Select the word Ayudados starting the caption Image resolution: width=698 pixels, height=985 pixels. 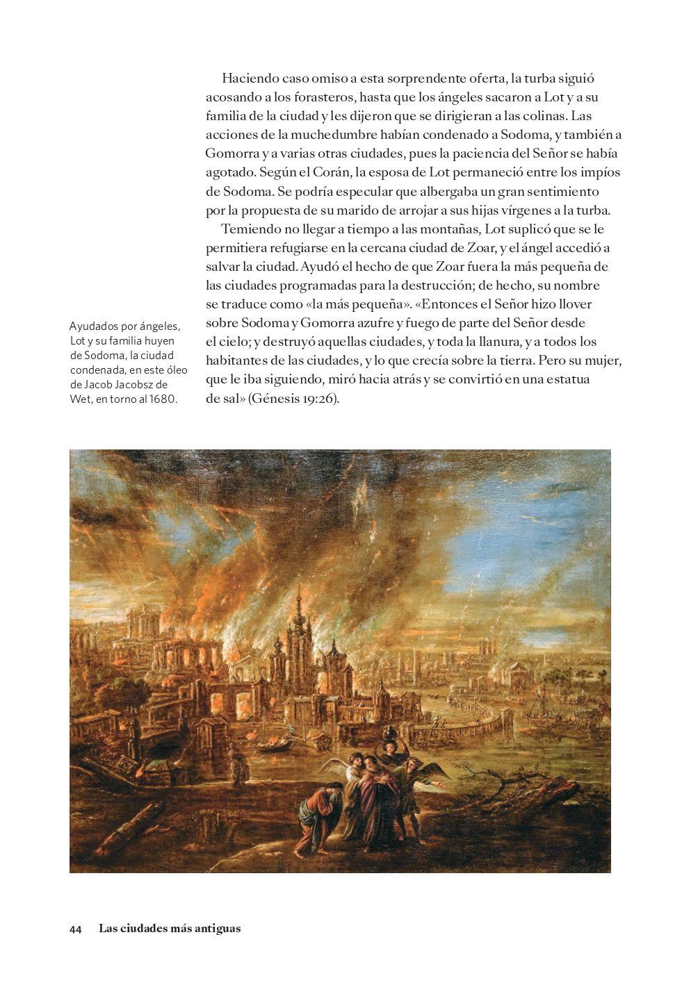(92, 326)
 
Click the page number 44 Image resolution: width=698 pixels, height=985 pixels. (76, 929)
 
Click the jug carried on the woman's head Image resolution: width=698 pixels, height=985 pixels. (389, 730)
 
